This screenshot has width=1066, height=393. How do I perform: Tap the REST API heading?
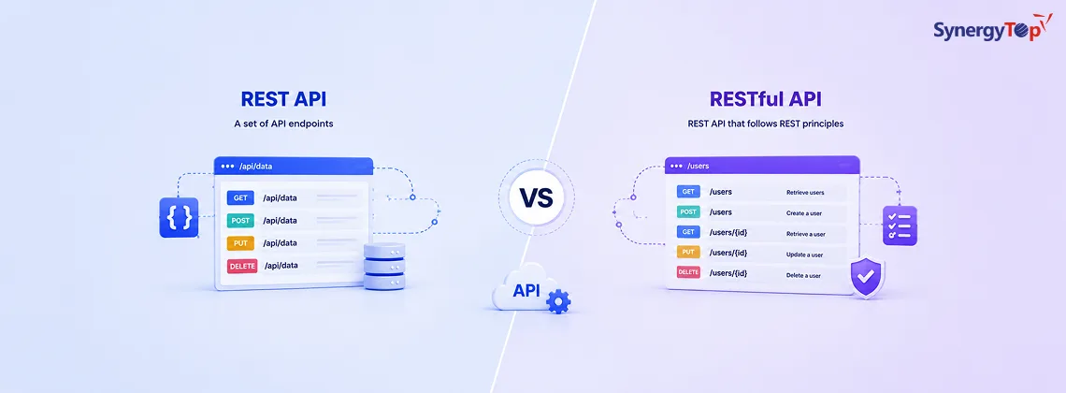(283, 99)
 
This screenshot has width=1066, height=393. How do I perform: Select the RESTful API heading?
(766, 99)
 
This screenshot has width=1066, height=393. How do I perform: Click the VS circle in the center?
(536, 197)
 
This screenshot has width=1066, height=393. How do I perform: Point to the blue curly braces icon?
(179, 218)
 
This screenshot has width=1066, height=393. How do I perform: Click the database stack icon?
(384, 266)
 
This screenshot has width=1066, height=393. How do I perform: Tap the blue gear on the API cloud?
(558, 301)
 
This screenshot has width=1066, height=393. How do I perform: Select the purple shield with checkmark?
(867, 277)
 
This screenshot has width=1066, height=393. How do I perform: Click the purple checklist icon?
(900, 226)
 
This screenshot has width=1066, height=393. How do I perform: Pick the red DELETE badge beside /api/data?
(242, 266)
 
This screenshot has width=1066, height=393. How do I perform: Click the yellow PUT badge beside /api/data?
(240, 243)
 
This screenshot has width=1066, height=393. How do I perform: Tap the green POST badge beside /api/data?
(240, 220)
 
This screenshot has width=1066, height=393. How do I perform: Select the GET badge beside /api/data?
(240, 197)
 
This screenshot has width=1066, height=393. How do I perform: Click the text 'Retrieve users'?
(806, 193)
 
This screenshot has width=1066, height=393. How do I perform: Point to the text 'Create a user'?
(804, 212)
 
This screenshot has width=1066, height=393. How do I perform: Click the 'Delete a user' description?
(803, 275)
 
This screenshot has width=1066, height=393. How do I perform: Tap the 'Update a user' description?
(805, 255)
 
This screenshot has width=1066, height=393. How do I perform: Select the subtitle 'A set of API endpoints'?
(283, 124)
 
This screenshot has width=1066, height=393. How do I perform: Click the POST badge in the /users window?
(688, 212)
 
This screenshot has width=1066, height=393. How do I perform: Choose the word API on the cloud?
(526, 290)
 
